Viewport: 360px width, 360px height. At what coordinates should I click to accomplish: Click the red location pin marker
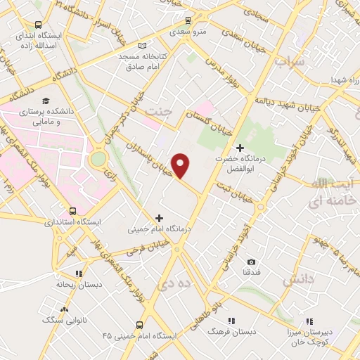(x=181, y=165)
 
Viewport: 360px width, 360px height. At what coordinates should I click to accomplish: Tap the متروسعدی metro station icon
(x=187, y=20)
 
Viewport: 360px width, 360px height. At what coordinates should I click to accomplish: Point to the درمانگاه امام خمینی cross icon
(x=159, y=218)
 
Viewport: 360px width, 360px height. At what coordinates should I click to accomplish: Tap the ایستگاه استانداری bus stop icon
(x=73, y=211)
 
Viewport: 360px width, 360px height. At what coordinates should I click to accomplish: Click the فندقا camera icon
(x=251, y=262)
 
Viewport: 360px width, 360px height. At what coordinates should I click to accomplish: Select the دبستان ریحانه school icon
(x=79, y=274)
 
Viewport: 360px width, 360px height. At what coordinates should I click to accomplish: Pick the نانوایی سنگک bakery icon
(x=64, y=309)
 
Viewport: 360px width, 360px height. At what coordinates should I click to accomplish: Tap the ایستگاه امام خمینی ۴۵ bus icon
(x=139, y=325)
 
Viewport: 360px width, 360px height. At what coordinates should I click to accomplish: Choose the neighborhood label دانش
(x=296, y=280)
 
